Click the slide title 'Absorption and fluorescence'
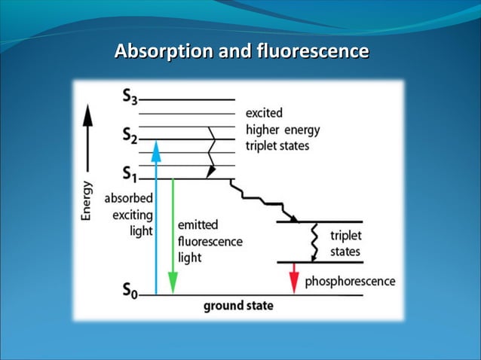[x=241, y=52]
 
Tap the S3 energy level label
[x=129, y=97]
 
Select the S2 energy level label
[x=129, y=136]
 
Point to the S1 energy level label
[x=129, y=177]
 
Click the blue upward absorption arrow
[x=156, y=218]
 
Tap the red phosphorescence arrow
[x=294, y=278]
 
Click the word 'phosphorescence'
[x=349, y=281]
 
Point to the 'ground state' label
[x=238, y=306]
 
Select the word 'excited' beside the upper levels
[x=264, y=113]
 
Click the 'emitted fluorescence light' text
[x=209, y=241]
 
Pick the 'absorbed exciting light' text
[x=129, y=215]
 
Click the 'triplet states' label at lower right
[x=345, y=243]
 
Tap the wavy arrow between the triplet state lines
[x=314, y=241]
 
